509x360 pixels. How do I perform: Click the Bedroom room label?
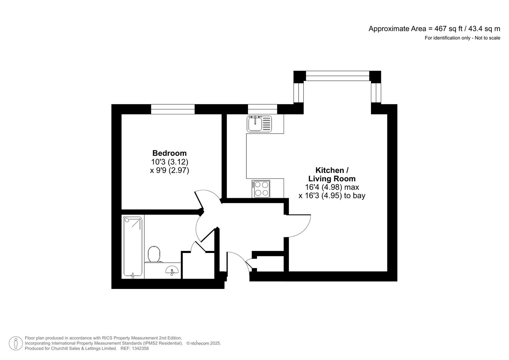[x=169, y=153]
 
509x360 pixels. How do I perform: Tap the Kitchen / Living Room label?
[x=332, y=174]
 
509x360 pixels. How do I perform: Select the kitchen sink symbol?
[x=259, y=124]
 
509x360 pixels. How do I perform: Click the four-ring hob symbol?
[x=261, y=189]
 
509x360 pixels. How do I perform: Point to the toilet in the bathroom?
[x=154, y=254]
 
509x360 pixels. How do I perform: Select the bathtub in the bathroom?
[x=133, y=247]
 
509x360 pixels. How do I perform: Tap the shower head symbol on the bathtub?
[x=127, y=219]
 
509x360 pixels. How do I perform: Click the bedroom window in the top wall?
[x=173, y=109]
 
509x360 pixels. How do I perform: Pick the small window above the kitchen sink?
[x=262, y=109]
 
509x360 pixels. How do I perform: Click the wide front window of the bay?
[x=337, y=76]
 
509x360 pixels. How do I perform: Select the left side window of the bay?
[x=298, y=93]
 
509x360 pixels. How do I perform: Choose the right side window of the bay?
[x=376, y=93]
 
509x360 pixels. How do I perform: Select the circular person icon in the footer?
[x=16, y=343]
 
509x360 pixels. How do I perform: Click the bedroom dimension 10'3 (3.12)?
[x=169, y=162]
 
